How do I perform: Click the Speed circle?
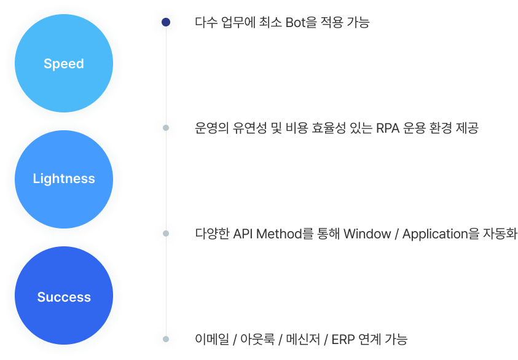tap(64, 64)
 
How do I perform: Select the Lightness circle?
tap(64, 179)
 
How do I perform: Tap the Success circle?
tap(64, 297)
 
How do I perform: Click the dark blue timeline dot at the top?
tap(166, 23)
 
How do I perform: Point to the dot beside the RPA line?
tap(166, 128)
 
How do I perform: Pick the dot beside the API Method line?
tap(166, 233)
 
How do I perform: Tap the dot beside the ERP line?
tap(166, 339)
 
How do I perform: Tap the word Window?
tap(367, 234)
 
